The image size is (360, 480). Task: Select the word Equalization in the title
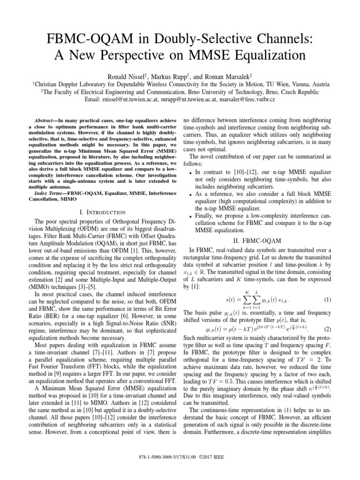click(263, 55)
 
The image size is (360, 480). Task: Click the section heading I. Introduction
click(94, 212)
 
